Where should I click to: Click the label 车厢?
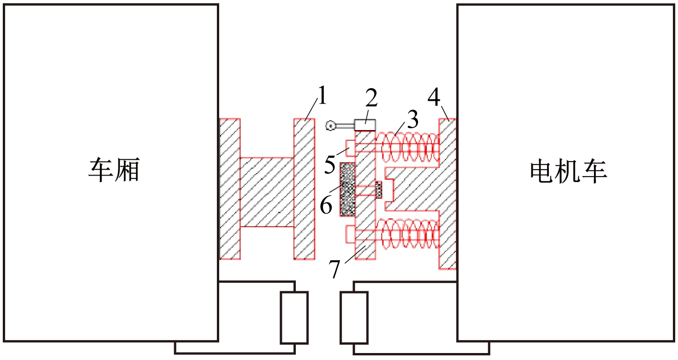[114, 170]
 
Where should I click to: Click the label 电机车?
[569, 171]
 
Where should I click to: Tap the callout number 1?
[323, 95]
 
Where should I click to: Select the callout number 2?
[372, 98]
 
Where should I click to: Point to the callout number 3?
[413, 119]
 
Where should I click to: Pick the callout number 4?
[434, 97]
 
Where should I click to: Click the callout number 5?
[330, 164]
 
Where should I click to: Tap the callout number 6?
[326, 205]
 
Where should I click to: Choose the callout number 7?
[335, 269]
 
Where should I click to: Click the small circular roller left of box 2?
[331, 125]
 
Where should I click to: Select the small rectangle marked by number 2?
[365, 125]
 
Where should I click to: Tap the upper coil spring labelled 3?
[407, 147]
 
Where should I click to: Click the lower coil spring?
[407, 234]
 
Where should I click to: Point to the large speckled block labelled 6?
[347, 190]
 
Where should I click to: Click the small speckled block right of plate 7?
[378, 190]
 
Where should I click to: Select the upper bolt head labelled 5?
[351, 148]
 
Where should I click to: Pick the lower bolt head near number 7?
[351, 234]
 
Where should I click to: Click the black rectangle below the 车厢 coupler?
[294, 318]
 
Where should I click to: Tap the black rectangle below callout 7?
[354, 318]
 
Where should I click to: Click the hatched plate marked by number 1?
[305, 189]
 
